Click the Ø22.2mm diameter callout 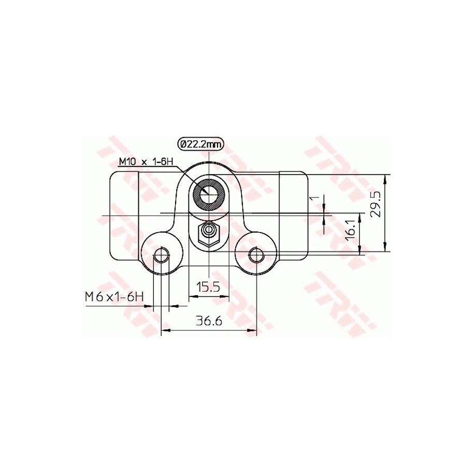pyautogui.click(x=200, y=144)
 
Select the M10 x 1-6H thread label pyautogui.click(x=146, y=162)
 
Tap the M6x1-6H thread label pyautogui.click(x=113, y=297)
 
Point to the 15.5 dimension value pyautogui.click(x=209, y=286)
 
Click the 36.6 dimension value pyautogui.click(x=209, y=321)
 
